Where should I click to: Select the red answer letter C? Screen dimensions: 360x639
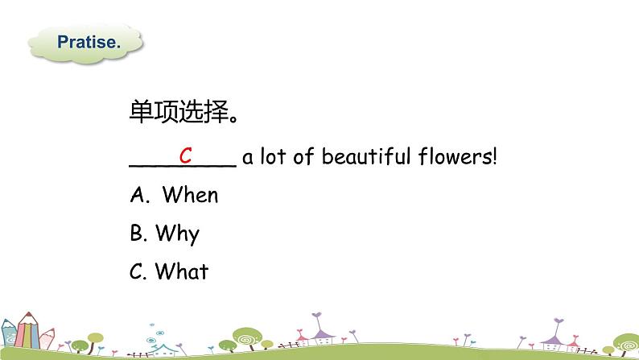(x=185, y=155)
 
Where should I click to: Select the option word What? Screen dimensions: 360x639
(x=181, y=271)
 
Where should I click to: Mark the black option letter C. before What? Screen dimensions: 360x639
(x=137, y=271)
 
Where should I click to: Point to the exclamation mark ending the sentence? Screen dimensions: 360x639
(x=495, y=156)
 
